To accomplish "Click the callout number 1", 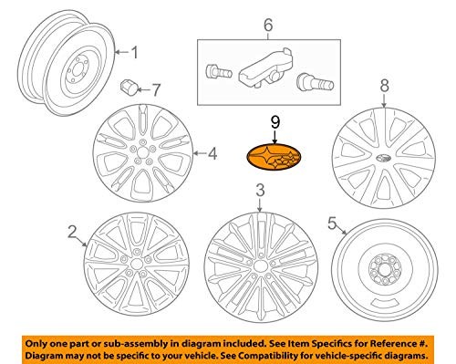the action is pos(134,52).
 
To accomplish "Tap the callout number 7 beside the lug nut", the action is pos(155,89).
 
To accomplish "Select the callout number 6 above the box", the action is pos(268,25).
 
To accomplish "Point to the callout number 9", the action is pos(275,122).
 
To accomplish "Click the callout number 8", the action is pos(385,86).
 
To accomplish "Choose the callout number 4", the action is pos(212,153).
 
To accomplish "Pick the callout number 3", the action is pos(260,191).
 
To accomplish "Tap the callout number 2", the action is pos(72,233).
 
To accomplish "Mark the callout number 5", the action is pos(332,224).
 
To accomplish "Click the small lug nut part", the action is pos(128,88).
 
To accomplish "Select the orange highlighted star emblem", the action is pos(274,158).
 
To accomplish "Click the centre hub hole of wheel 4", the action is pos(142,152).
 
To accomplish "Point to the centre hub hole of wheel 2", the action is pos(137,265).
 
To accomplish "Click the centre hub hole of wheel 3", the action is pos(259,265).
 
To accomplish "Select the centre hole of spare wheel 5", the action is pos(384,269).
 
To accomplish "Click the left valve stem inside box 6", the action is pos(219,72).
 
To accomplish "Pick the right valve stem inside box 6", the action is pos(315,81).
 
